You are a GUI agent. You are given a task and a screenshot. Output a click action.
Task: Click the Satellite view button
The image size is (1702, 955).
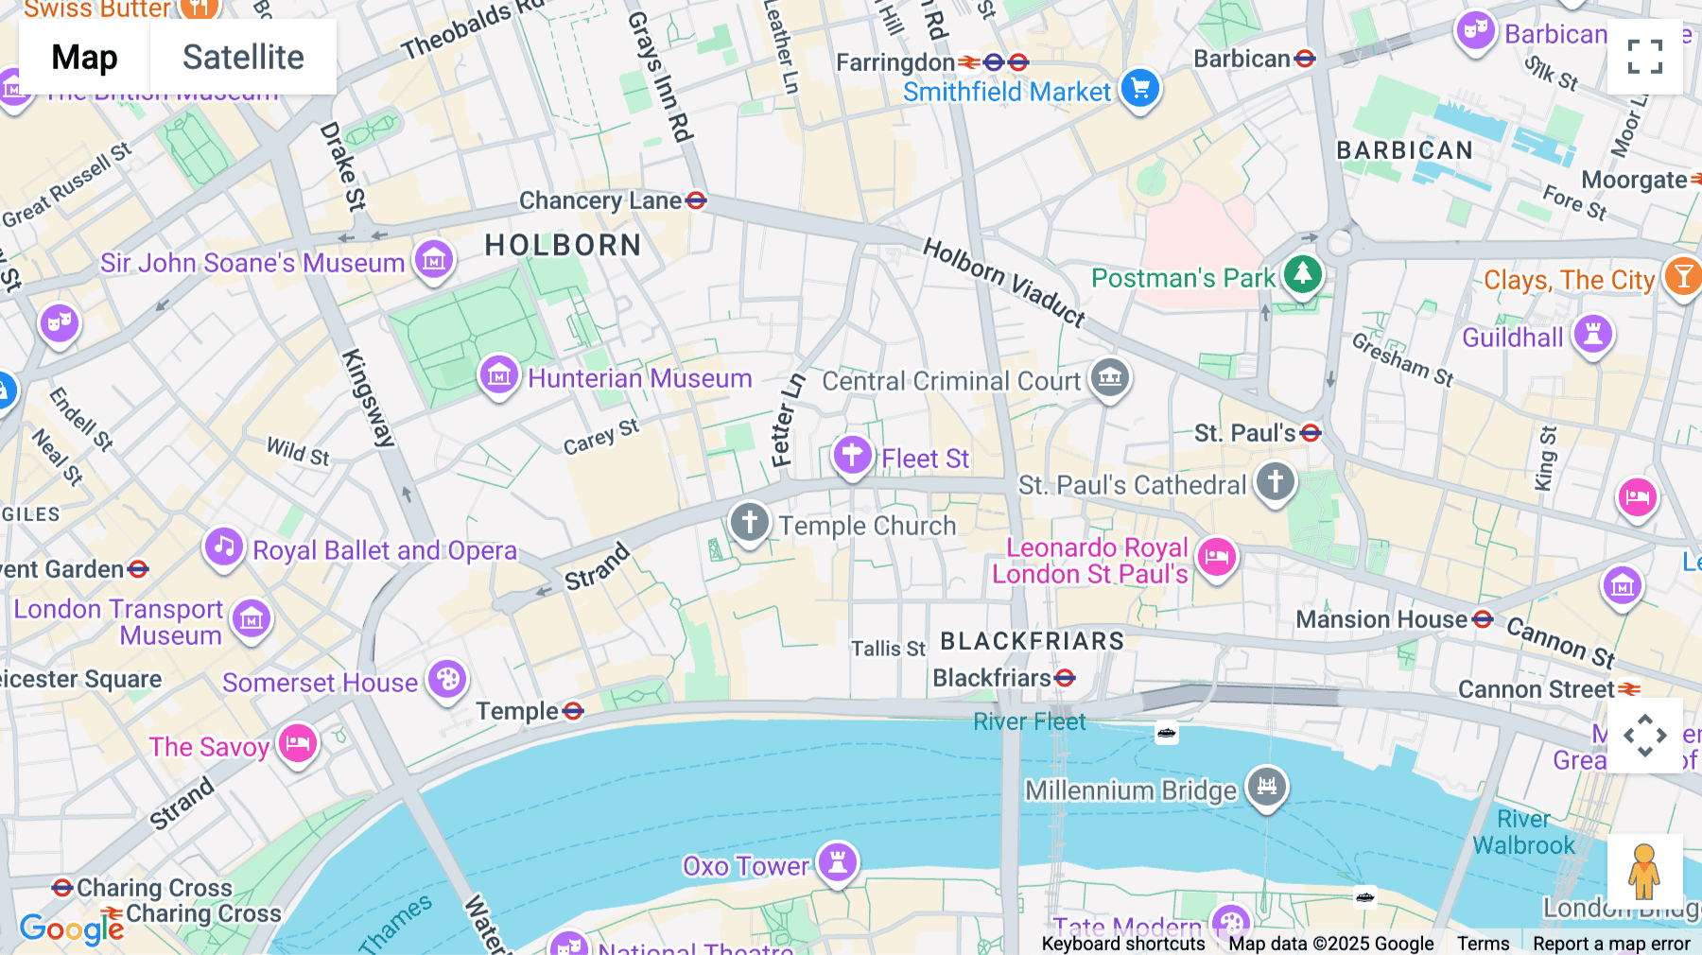tap(243, 58)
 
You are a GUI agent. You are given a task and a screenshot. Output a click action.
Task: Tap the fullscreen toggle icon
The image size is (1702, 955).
tap(1644, 57)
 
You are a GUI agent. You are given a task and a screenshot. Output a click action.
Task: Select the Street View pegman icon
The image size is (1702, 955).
tap(1644, 871)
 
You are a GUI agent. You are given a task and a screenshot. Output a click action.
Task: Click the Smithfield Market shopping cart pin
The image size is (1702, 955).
tap(1140, 89)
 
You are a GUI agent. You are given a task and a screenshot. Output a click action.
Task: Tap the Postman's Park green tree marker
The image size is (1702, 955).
tap(1303, 275)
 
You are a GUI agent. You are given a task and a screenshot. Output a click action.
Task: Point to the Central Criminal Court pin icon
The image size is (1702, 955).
tap(1110, 377)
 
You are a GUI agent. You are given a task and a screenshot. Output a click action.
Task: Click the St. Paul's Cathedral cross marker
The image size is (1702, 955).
tap(1275, 481)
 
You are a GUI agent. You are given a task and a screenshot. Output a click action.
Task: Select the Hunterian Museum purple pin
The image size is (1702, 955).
tap(498, 376)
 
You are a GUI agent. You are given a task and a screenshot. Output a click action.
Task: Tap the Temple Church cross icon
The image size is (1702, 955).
tap(750, 521)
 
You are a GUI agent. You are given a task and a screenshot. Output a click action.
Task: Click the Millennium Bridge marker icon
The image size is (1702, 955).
tap(1267, 786)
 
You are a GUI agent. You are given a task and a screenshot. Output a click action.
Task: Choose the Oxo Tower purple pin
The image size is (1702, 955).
tap(838, 861)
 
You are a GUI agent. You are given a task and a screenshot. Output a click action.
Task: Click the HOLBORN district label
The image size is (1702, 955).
tap(563, 246)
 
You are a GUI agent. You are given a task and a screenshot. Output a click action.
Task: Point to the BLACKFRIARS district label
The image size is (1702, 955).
tap(1032, 641)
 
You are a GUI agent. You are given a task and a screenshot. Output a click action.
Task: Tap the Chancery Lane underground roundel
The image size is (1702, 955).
tap(697, 200)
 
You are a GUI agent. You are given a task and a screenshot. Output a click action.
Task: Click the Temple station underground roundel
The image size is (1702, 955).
tap(573, 711)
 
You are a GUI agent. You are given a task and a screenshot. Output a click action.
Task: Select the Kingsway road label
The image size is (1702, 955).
tap(367, 397)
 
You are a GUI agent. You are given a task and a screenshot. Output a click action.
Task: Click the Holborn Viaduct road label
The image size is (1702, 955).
tap(1003, 282)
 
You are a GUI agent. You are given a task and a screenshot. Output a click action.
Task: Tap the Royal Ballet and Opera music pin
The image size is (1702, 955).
tap(224, 547)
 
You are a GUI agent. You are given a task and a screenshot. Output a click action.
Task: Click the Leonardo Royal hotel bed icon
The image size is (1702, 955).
tap(1217, 557)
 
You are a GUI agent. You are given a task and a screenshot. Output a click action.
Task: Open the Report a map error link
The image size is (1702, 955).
tap(1610, 944)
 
